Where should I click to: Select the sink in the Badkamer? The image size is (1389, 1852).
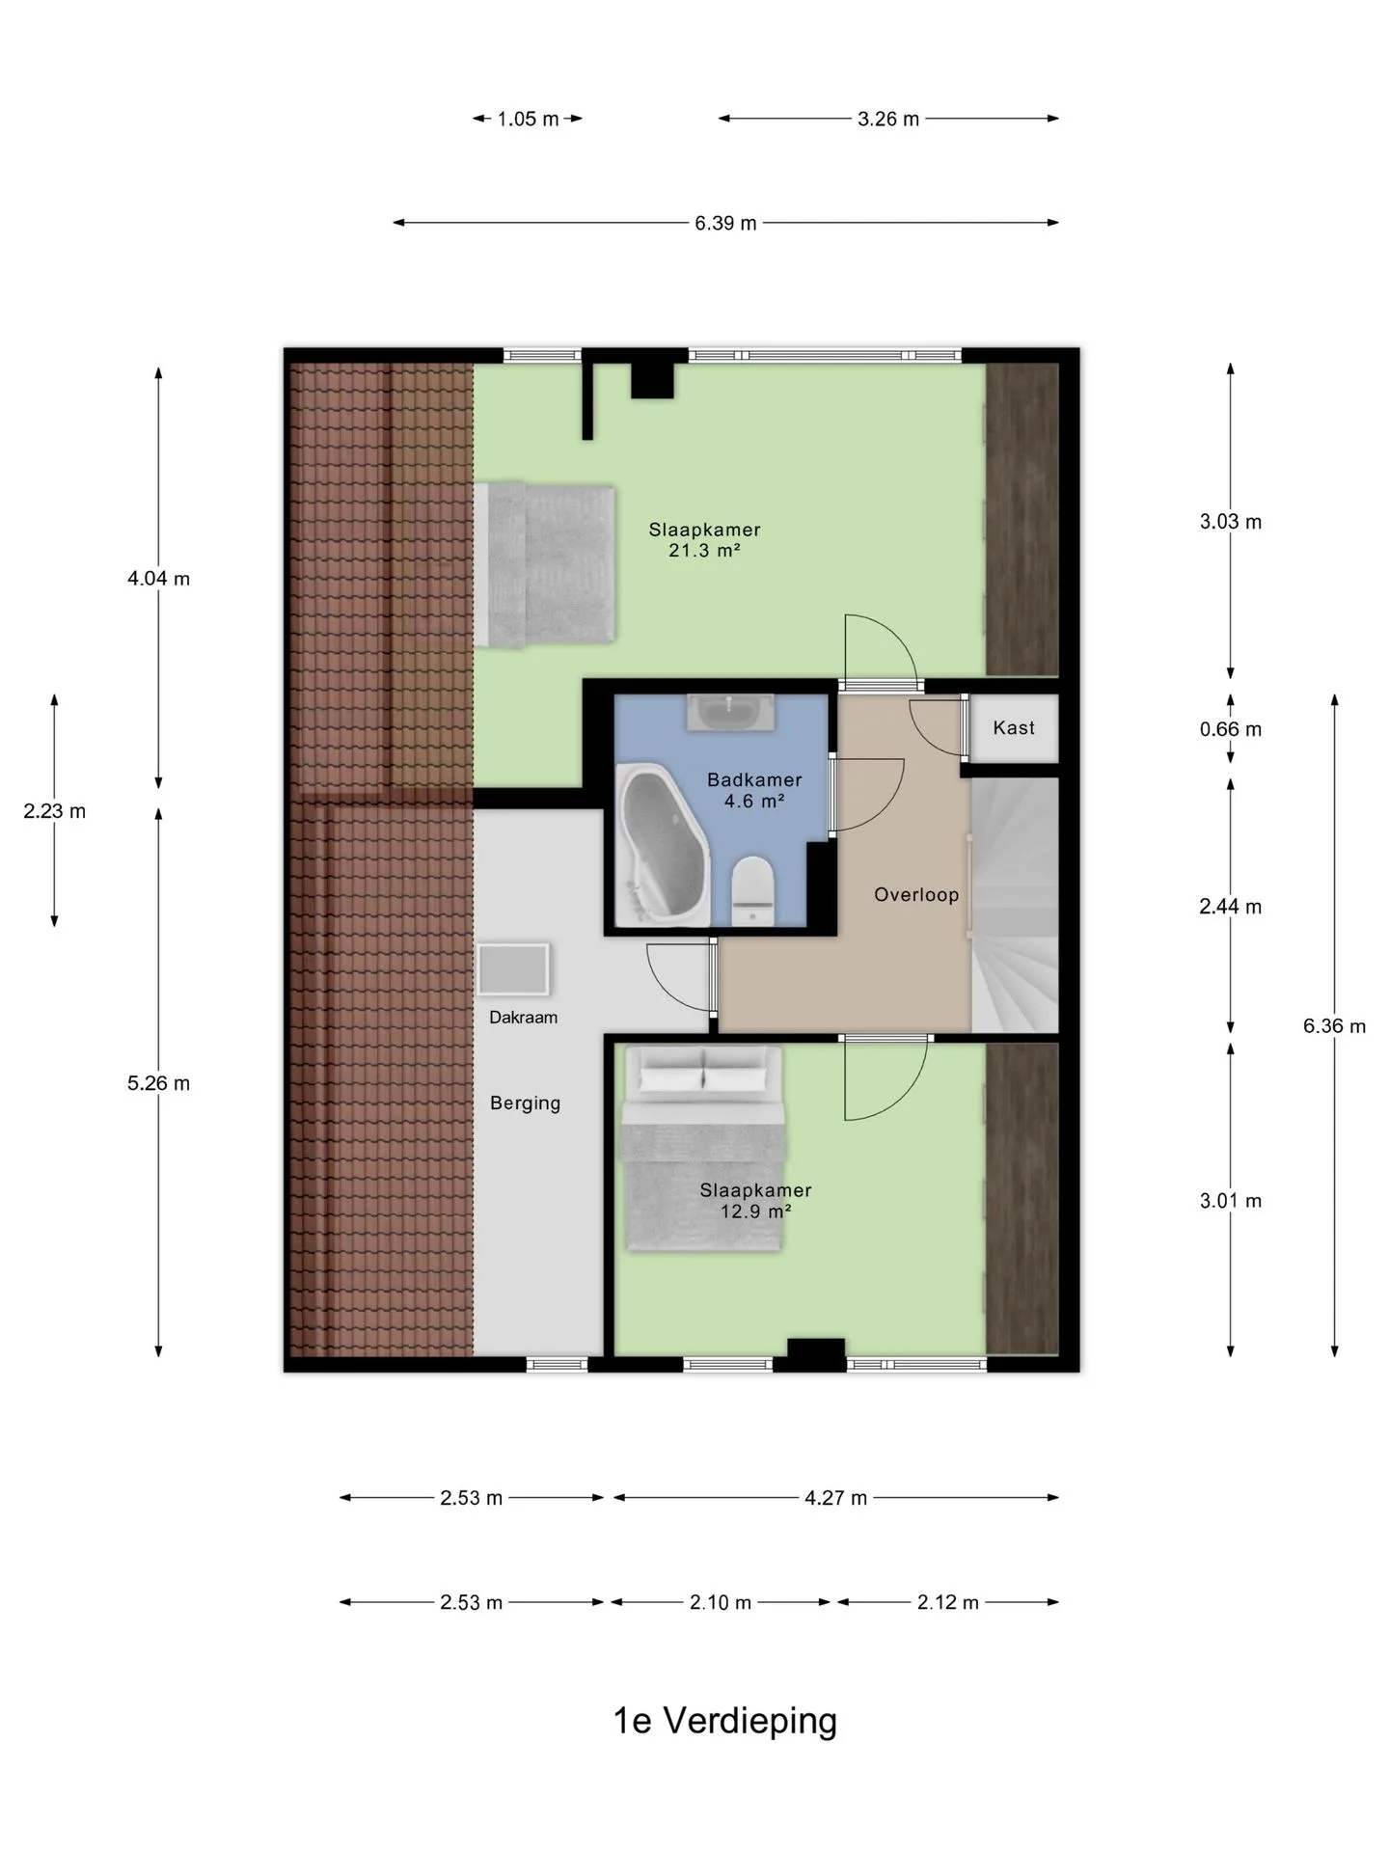[730, 713]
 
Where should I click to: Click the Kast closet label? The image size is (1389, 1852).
[1014, 728]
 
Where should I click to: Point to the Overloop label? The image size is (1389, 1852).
[916, 895]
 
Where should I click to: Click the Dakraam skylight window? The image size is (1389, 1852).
[513, 969]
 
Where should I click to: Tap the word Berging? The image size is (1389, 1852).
[525, 1103]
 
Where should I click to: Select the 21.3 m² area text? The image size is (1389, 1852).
[704, 551]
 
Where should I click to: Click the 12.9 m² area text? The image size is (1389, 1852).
[756, 1211]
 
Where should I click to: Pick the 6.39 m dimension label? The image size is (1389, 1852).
[725, 223]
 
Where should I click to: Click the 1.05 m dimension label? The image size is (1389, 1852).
[528, 120]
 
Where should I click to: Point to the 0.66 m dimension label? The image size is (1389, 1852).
[1231, 729]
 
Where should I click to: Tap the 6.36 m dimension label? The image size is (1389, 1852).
[1335, 1026]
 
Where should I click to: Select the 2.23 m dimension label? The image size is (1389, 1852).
[55, 811]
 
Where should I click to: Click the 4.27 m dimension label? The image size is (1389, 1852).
[835, 1498]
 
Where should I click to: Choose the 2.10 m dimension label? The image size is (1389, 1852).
[721, 1602]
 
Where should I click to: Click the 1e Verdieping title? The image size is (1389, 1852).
[725, 1721]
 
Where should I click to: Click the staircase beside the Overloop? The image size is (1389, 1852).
[1015, 905]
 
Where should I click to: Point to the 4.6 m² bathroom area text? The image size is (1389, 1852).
[754, 801]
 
